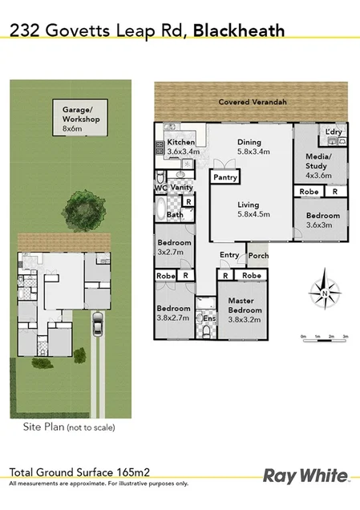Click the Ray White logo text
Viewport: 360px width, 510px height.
pos(306,476)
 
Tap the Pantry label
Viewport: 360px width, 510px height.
pos(224,177)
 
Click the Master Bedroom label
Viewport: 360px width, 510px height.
pos(241,306)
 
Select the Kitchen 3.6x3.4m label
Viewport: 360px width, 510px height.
pos(181,146)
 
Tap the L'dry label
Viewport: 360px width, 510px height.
pos(333,132)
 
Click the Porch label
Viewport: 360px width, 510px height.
pos(257,256)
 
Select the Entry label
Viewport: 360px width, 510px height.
pos(229,256)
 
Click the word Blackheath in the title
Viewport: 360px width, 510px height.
pos(241,30)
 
